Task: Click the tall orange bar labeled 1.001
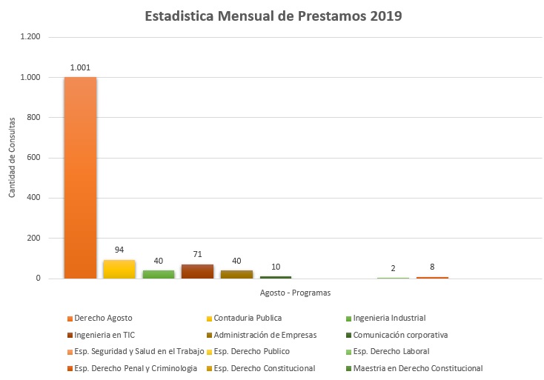click(80, 178)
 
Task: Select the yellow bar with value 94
click(119, 269)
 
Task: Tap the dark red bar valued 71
click(197, 271)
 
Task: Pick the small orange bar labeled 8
click(432, 277)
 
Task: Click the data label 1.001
click(80, 67)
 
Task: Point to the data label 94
click(119, 250)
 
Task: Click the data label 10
click(276, 266)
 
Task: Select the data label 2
click(393, 268)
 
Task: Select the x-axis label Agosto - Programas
click(295, 293)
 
